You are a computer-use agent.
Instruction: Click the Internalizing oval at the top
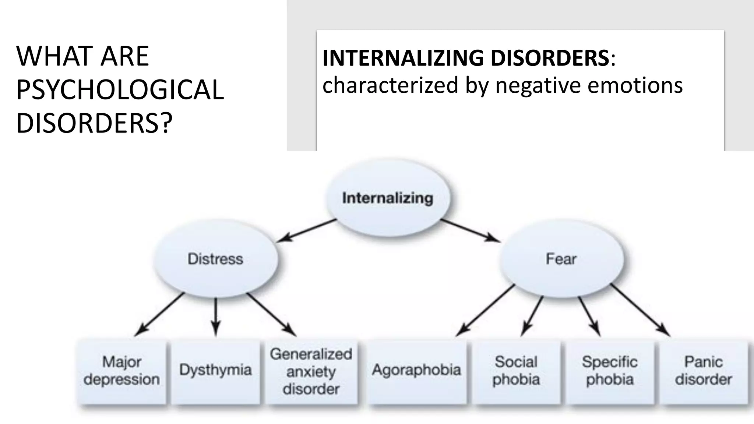pyautogui.click(x=387, y=198)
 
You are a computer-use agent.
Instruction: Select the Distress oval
pyautogui.click(x=215, y=259)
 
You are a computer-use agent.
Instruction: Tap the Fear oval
pyautogui.click(x=561, y=259)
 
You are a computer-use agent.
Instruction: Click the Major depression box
pyautogui.click(x=121, y=371)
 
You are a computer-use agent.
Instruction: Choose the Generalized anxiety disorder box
pyautogui.click(x=311, y=371)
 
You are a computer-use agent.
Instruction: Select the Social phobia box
pyautogui.click(x=516, y=371)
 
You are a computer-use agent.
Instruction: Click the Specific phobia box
pyautogui.click(x=610, y=371)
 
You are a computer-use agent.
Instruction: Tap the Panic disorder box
pyautogui.click(x=703, y=371)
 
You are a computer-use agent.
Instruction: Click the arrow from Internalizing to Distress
pyautogui.click(x=306, y=230)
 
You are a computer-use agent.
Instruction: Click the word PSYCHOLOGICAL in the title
pyautogui.click(x=120, y=90)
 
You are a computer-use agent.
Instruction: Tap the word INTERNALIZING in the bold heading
pyautogui.click(x=403, y=58)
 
